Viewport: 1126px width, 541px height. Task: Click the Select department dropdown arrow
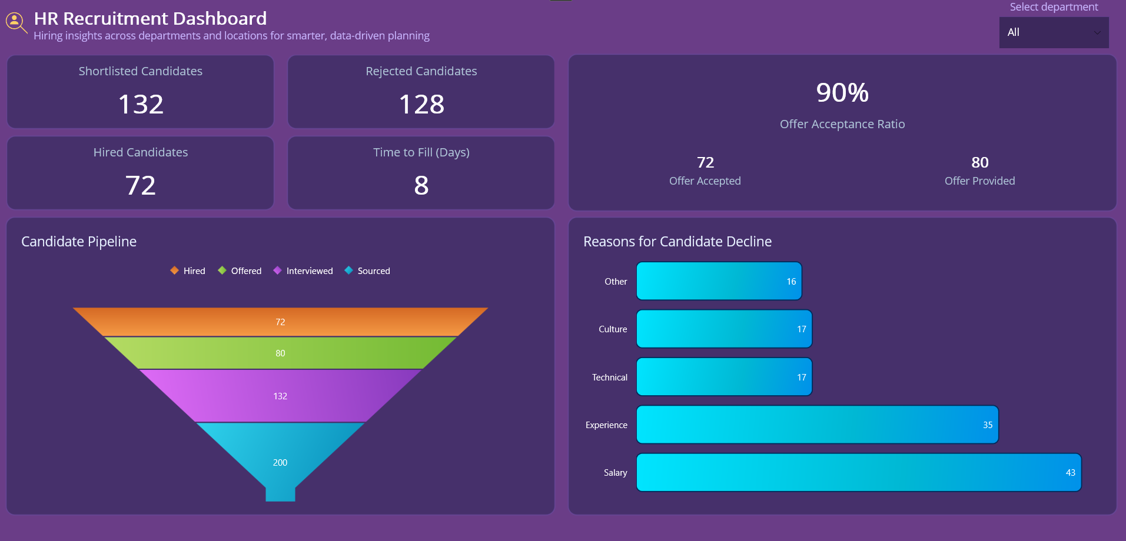click(1097, 33)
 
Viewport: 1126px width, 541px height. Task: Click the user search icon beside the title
click(15, 22)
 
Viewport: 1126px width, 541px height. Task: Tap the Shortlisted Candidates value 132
click(141, 105)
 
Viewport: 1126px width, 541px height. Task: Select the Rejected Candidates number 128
click(421, 105)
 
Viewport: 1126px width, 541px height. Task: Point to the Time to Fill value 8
click(421, 186)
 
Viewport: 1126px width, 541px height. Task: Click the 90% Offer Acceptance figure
click(842, 93)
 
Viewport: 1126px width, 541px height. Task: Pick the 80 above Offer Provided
click(979, 162)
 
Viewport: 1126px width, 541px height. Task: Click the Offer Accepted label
click(705, 181)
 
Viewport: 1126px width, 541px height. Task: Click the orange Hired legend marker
click(174, 270)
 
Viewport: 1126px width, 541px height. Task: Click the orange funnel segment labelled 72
click(280, 322)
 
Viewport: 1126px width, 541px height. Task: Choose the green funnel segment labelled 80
click(280, 353)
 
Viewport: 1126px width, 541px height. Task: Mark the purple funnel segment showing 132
click(280, 396)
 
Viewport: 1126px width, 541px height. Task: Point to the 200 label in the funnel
click(280, 463)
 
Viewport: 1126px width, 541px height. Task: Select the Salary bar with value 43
click(858, 473)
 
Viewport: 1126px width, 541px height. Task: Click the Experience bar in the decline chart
click(817, 425)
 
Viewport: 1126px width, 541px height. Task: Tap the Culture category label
click(612, 329)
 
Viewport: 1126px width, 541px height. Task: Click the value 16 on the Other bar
click(791, 282)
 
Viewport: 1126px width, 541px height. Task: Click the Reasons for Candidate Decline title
click(677, 242)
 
